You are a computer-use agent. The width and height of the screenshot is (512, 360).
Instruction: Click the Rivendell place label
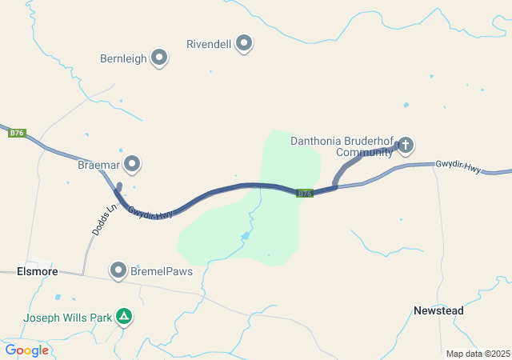click(208, 43)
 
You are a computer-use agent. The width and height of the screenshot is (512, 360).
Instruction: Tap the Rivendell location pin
click(244, 42)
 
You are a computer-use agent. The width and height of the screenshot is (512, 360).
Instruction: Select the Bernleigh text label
click(123, 58)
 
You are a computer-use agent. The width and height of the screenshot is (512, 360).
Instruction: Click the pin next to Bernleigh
click(159, 58)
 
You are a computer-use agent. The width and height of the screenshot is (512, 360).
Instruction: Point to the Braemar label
click(98, 166)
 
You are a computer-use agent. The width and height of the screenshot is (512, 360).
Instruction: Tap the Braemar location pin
click(132, 165)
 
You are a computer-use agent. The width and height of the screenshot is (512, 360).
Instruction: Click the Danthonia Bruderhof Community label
click(342, 146)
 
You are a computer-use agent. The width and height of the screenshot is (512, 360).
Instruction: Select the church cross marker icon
click(406, 145)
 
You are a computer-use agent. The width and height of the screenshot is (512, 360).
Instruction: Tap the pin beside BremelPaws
click(119, 270)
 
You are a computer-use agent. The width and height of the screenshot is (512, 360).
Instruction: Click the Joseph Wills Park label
click(67, 318)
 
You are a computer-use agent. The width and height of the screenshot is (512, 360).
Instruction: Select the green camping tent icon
click(124, 317)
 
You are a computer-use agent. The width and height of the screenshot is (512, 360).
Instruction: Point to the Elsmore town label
click(37, 272)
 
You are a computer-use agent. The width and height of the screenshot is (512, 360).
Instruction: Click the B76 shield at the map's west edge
click(17, 133)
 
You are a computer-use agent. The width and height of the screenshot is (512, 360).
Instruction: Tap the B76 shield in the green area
click(304, 193)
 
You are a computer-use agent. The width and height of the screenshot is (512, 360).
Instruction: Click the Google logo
click(26, 350)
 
